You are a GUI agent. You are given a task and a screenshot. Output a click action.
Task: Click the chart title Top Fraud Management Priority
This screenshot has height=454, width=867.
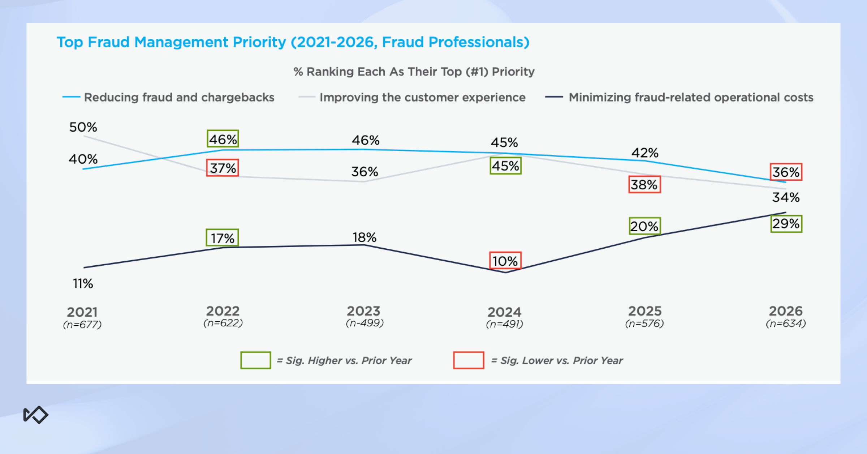(x=293, y=42)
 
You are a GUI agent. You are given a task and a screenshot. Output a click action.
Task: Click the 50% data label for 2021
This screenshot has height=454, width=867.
(x=83, y=127)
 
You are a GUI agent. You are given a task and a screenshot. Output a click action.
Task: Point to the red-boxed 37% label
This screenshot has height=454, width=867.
(x=223, y=168)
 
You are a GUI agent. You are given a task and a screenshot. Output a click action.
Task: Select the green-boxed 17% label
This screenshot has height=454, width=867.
(x=222, y=238)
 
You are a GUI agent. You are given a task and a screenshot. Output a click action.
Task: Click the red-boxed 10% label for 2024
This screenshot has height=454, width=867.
(x=505, y=261)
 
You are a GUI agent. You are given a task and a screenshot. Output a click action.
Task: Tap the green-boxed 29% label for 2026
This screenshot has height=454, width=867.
(x=786, y=224)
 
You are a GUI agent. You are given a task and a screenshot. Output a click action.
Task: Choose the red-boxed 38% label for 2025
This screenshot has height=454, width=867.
(x=644, y=185)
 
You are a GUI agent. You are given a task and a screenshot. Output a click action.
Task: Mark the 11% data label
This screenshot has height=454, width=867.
(x=83, y=284)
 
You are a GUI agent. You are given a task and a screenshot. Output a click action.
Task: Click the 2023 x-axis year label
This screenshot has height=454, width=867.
(x=364, y=311)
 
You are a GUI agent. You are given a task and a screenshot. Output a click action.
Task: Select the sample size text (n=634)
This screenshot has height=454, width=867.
(x=786, y=324)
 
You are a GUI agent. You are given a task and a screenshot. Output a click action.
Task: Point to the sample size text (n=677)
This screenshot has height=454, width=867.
(x=82, y=325)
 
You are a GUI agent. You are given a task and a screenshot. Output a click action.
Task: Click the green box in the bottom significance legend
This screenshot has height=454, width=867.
(x=255, y=360)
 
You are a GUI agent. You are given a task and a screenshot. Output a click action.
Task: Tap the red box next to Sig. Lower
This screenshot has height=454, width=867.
(x=469, y=360)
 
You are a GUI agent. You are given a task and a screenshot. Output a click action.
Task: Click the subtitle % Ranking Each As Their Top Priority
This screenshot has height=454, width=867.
(x=414, y=72)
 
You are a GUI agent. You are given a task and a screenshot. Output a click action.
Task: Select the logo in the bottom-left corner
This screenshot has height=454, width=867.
(x=36, y=415)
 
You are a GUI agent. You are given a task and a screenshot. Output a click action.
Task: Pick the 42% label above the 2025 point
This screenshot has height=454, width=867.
(x=645, y=153)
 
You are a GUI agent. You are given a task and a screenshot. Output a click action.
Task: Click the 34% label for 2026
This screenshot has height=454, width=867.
(x=786, y=197)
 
